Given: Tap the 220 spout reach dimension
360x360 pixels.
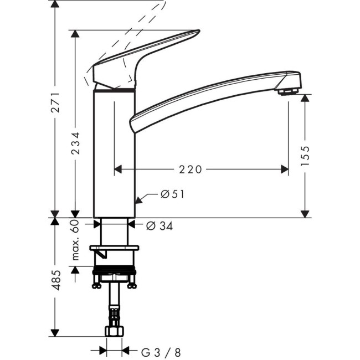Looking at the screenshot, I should point(191,169).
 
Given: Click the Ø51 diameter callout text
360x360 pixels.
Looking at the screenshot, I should point(172,194).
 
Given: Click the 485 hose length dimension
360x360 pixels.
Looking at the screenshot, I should point(55,282).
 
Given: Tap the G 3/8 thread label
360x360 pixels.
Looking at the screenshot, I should point(161,351).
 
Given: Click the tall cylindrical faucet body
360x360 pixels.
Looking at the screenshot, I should point(114,155).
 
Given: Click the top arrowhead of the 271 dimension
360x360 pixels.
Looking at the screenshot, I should point(55,4).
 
